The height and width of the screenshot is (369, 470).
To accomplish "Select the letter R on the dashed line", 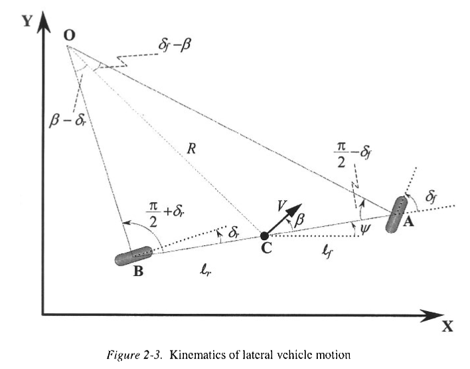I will [x=191, y=149].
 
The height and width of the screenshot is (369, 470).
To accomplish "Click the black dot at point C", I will [x=264, y=235].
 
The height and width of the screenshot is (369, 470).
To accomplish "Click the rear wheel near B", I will [x=133, y=256].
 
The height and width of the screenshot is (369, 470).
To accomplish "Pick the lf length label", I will [x=325, y=251].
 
